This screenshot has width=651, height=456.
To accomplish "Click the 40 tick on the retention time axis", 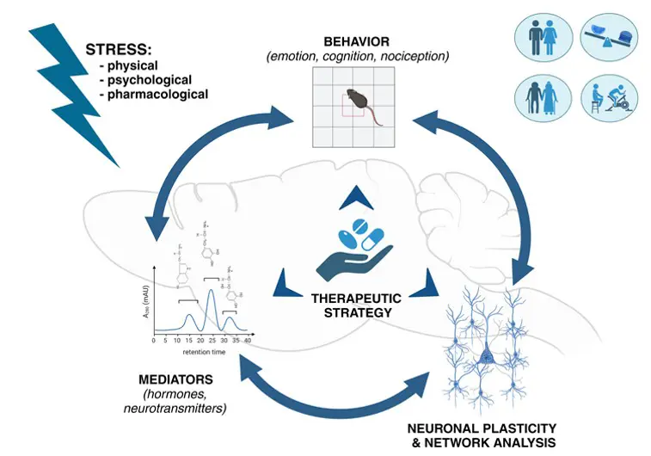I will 248,342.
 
